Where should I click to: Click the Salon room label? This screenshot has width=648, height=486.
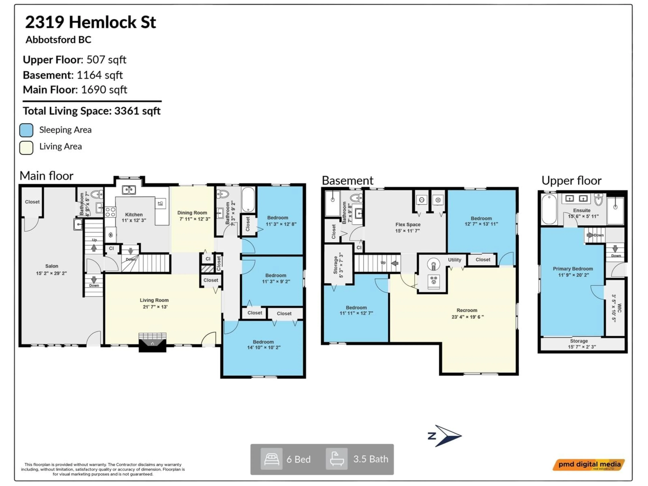(52, 266)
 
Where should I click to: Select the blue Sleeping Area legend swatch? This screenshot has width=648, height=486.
(26, 130)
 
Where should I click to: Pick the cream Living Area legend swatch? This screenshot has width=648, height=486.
(26, 147)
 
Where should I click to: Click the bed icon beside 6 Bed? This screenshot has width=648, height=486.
(272, 459)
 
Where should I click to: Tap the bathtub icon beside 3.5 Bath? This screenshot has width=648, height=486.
(337, 459)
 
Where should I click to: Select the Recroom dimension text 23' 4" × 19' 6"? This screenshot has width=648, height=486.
(468, 317)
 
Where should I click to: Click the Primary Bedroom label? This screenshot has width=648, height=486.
(573, 269)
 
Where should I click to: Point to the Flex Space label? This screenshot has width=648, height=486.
(408, 224)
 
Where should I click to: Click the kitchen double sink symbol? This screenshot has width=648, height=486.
(129, 190)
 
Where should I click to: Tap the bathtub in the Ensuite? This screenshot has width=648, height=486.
(549, 209)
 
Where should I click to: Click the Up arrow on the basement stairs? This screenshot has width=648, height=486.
(394, 263)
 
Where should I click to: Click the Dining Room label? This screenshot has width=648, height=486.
(192, 213)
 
